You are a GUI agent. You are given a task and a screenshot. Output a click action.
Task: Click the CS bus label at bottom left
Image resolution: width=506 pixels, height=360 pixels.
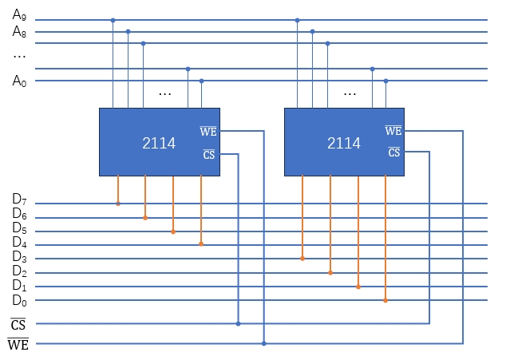18,323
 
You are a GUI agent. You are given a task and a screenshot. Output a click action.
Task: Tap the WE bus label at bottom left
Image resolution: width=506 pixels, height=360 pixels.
18,344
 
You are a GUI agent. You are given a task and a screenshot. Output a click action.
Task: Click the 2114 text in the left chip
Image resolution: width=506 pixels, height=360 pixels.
159,144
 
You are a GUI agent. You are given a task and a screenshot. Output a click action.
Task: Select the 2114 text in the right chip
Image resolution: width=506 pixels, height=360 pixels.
344,144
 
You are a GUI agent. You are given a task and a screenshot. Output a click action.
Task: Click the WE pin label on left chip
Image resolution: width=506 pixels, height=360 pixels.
208,131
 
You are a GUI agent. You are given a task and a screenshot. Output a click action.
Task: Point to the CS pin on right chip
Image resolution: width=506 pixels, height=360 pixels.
393,152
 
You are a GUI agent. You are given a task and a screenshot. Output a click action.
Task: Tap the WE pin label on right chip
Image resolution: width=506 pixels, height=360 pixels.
393,131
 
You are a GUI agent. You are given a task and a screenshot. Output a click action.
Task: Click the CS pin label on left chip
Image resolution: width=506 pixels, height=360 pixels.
209,154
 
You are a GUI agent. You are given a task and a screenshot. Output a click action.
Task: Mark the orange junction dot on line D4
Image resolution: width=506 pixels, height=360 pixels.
200,243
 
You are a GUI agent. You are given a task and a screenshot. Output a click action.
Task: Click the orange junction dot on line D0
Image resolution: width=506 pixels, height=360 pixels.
385,300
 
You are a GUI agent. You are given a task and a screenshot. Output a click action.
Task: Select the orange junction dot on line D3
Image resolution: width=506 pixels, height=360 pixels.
302,258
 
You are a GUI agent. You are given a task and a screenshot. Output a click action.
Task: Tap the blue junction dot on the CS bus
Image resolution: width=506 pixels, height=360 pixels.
238,323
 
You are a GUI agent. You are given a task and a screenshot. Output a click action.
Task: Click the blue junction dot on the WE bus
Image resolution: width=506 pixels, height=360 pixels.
263,343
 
